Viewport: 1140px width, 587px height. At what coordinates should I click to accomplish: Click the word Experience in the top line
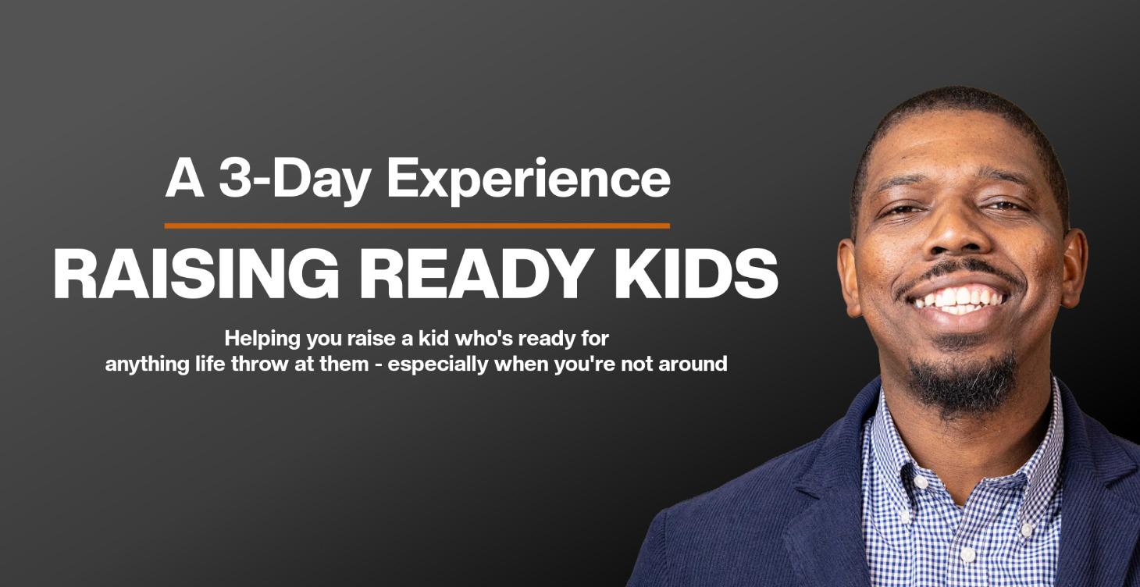tap(529, 179)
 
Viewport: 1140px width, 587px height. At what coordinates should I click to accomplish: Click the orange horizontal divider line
tap(417, 226)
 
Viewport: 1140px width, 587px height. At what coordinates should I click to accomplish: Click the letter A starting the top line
tap(184, 179)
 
